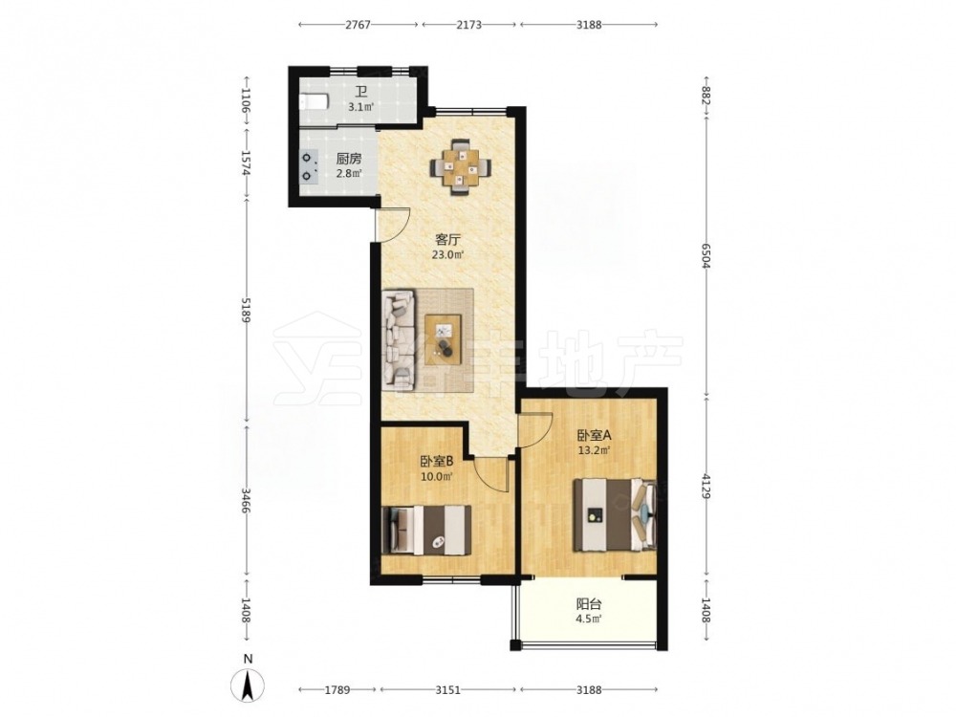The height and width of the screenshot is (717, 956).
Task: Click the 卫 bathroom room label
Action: tap(361, 94)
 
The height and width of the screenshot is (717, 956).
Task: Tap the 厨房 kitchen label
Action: tap(349, 159)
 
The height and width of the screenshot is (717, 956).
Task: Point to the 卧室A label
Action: tap(595, 436)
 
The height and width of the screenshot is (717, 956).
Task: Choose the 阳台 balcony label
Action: tap(589, 605)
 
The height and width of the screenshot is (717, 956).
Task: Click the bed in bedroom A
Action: tap(616, 515)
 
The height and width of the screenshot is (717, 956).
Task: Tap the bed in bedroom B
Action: tap(426, 530)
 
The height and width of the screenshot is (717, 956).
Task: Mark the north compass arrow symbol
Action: tap(249, 685)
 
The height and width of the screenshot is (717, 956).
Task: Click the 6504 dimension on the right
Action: tap(706, 256)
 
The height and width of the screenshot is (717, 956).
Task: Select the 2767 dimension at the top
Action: tap(358, 25)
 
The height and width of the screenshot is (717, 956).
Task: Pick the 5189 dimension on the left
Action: tap(246, 310)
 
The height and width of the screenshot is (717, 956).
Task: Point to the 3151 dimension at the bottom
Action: tap(448, 690)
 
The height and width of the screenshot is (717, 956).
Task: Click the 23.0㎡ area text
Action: tap(448, 255)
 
